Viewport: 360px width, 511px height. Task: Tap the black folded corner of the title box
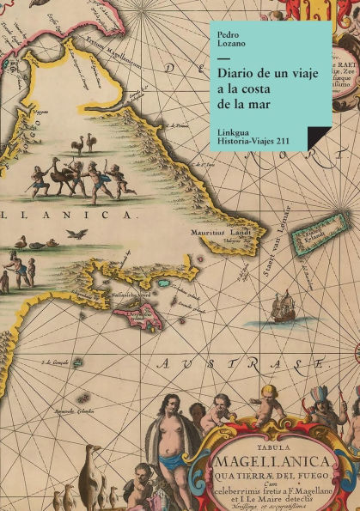point(319,139)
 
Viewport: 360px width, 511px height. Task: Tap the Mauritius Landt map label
point(219,231)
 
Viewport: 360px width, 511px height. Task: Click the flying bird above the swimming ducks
point(77,233)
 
